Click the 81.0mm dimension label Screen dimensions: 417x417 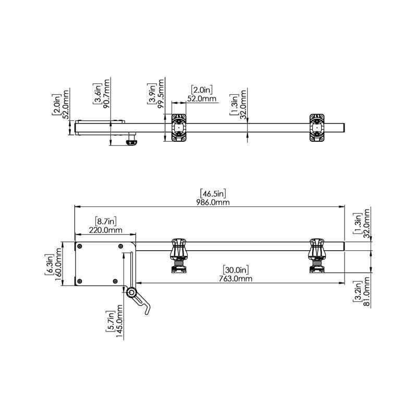click(366, 295)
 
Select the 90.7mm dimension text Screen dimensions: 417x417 click(107, 93)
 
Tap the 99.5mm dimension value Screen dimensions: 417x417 click(162, 93)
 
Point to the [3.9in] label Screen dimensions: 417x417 click(152, 94)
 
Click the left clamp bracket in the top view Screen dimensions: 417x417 click(178, 128)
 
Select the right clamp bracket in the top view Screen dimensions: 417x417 click(316, 128)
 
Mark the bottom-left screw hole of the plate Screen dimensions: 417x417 click(80, 281)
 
